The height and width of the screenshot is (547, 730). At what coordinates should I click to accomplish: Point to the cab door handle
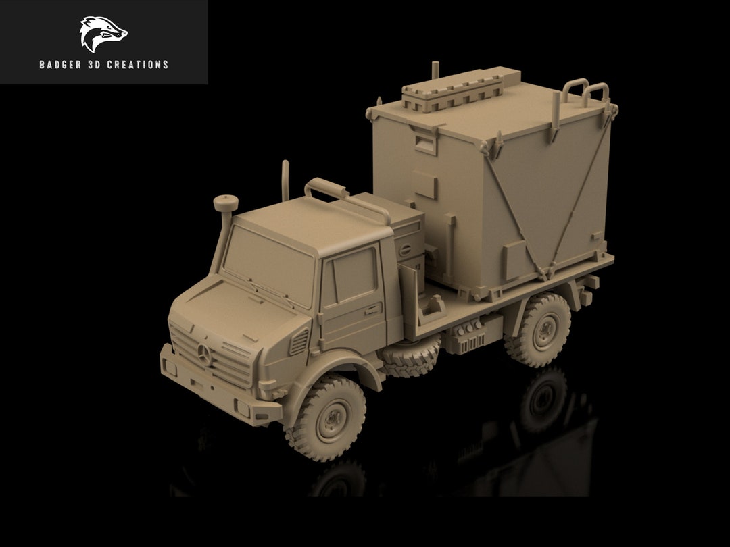(x=372, y=311)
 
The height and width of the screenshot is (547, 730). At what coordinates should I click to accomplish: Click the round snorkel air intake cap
(x=223, y=202)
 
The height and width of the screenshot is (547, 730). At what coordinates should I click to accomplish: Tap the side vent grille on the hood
(x=298, y=340)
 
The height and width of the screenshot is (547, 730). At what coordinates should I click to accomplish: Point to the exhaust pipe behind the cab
(x=285, y=180)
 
